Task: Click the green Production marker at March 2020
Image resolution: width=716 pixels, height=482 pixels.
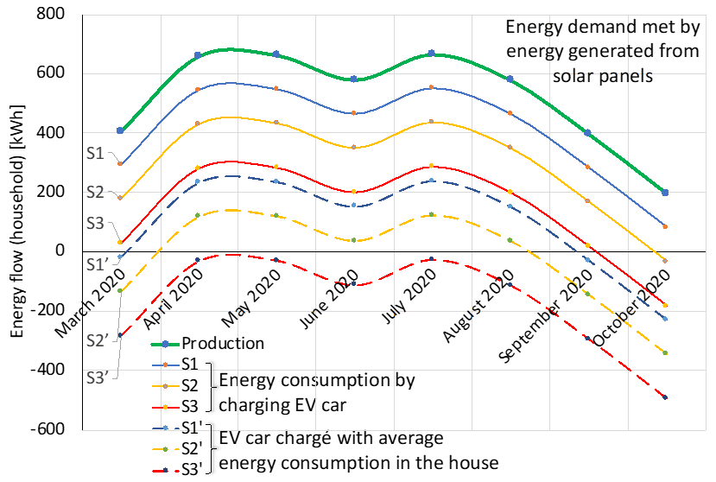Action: click(x=120, y=130)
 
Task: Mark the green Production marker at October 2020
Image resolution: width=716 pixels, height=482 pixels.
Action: click(x=665, y=193)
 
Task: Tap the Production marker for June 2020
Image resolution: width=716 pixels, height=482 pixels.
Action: click(x=354, y=79)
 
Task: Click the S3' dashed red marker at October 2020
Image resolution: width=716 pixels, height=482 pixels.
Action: click(x=665, y=397)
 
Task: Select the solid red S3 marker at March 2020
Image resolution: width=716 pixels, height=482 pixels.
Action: click(x=120, y=242)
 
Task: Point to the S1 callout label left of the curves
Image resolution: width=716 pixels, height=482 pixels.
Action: click(x=95, y=153)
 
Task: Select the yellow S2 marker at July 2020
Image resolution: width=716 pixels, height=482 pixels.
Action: click(x=432, y=123)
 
